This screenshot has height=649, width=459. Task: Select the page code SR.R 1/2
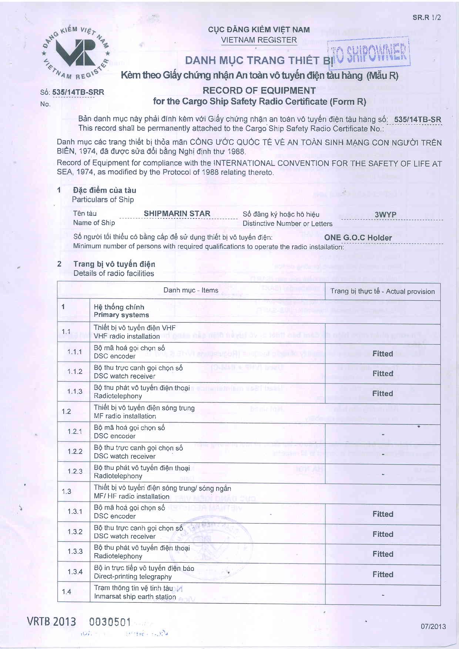[x=426, y=18]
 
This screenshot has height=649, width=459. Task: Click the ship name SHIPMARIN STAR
[x=177, y=214]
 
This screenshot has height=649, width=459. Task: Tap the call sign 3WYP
[x=385, y=215]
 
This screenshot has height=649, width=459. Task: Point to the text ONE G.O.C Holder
[x=358, y=238]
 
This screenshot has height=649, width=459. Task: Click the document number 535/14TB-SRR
[x=78, y=92]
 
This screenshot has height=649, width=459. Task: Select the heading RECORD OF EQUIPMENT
[x=259, y=91]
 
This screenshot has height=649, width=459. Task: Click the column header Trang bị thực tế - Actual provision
[x=382, y=291]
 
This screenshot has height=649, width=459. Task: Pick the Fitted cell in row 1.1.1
[x=382, y=354]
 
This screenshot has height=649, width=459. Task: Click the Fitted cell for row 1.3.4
[x=382, y=574]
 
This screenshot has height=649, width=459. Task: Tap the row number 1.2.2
[x=75, y=451]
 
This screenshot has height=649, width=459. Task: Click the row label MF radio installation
[x=125, y=416]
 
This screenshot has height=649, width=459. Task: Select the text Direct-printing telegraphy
[x=133, y=576]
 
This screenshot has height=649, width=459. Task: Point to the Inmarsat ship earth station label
[x=135, y=596]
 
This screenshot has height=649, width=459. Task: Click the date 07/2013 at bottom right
[x=433, y=626]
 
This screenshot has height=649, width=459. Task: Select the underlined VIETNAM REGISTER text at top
[x=259, y=40]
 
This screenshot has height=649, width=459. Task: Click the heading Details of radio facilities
[x=114, y=273]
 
